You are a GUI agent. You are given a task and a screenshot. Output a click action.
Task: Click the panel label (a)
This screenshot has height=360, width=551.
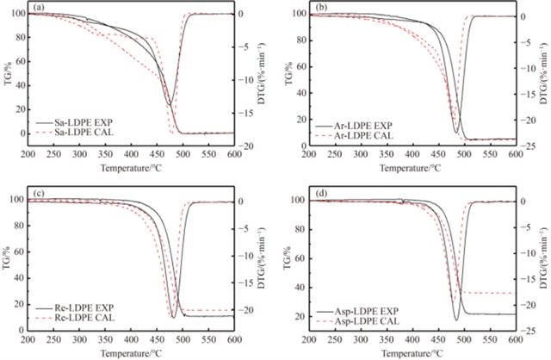pos(38,8)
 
